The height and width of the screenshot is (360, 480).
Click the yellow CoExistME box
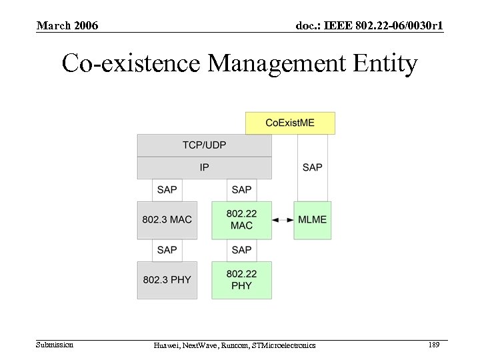[290, 123]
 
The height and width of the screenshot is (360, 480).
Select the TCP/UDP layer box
[204, 145]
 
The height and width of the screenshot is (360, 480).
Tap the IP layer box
[204, 167]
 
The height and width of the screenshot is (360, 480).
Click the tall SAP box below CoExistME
[312, 167]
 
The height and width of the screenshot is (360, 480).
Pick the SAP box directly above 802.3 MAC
[167, 190]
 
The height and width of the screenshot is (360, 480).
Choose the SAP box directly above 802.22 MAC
[241, 190]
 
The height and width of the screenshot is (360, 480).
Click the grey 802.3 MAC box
[167, 219]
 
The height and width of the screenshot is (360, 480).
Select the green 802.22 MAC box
[241, 219]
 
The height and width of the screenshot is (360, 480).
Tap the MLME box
[312, 219]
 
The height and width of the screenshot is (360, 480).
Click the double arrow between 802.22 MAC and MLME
[284, 219]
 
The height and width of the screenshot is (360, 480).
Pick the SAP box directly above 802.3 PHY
[167, 250]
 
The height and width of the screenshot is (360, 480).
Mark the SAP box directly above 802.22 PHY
[241, 250]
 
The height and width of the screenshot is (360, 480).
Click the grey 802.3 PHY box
[167, 279]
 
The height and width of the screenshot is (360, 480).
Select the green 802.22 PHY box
[241, 279]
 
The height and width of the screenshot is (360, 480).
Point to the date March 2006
[67, 26]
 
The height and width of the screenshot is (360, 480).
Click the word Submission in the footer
[55, 345]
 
